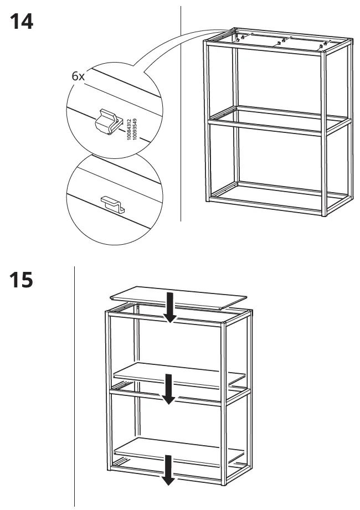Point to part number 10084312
tap(128, 129)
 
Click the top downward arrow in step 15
tap(170, 307)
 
